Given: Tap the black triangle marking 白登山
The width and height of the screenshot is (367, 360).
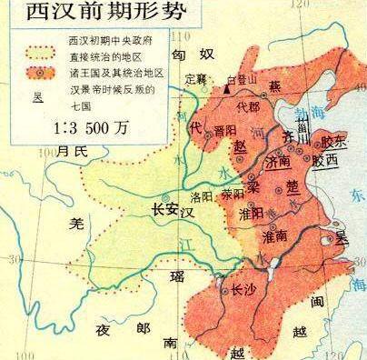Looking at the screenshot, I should (227, 89).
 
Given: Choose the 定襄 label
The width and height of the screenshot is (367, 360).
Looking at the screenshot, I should (196, 78).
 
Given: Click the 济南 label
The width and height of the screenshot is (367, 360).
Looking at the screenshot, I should (283, 160).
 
